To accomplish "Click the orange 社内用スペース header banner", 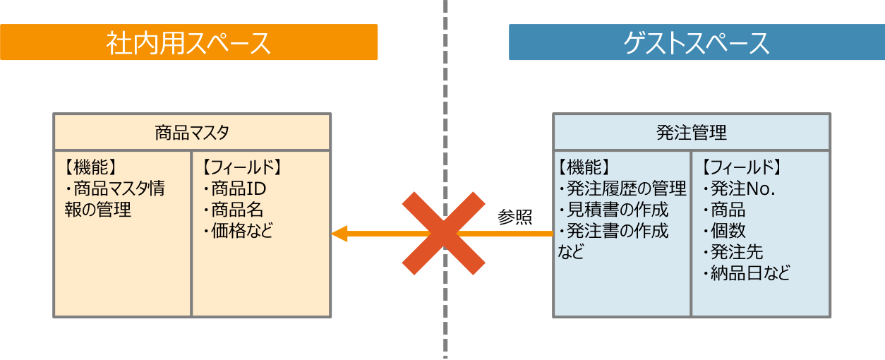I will pos(188,42).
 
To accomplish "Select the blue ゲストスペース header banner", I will pos(696,43).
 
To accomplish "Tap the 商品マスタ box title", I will pos(192,132).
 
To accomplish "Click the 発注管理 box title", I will pos(691,132).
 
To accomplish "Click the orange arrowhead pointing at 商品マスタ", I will pos(339,234).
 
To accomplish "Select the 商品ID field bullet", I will pos(234,189).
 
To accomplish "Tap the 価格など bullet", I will pos(238,230).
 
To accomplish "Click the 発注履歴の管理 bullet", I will pos(622,188).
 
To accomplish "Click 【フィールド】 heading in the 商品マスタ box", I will pos(241,168).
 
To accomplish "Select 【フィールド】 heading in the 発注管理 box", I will pos(741,168).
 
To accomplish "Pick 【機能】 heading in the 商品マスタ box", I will pos(90,168).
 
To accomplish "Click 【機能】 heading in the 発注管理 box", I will pos(583,168).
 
